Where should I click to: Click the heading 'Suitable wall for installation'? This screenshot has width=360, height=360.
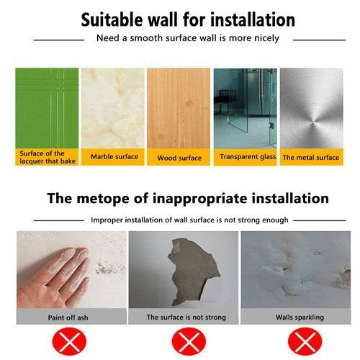[x=188, y=19]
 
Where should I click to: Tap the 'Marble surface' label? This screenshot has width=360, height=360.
[x=114, y=157]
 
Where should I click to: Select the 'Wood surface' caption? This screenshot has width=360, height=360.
[x=179, y=158]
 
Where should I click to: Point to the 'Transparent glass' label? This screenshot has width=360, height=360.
[x=248, y=157]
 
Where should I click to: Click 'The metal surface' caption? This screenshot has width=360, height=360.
[x=311, y=158]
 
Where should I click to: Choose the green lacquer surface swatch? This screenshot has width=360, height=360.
[x=47, y=108]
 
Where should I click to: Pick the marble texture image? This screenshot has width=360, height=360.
[x=113, y=108]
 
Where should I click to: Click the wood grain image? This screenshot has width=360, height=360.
[x=179, y=108]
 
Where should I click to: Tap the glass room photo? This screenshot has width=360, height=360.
[x=245, y=108]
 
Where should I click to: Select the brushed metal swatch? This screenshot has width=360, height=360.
[x=312, y=108]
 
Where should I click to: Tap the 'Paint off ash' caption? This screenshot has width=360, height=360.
[x=68, y=318]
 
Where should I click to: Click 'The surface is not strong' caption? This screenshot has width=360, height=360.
[x=186, y=318]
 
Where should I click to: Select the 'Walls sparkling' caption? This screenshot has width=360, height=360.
[x=300, y=318]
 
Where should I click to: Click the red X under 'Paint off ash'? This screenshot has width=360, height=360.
[x=69, y=341]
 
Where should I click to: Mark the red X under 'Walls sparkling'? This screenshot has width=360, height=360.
[x=305, y=341]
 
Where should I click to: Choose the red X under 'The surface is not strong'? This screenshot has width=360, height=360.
[x=189, y=341]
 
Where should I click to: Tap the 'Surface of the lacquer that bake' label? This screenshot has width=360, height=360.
[x=48, y=157]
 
